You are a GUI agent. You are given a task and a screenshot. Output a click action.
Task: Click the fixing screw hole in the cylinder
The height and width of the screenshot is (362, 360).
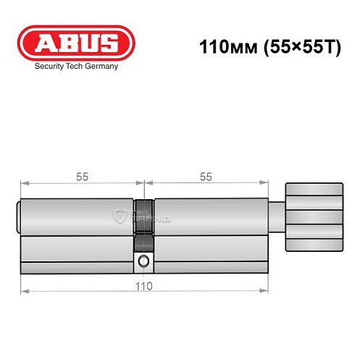pyautogui.click(x=143, y=261)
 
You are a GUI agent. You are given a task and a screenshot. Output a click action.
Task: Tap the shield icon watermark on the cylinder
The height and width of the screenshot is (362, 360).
pyautogui.click(x=120, y=216)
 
